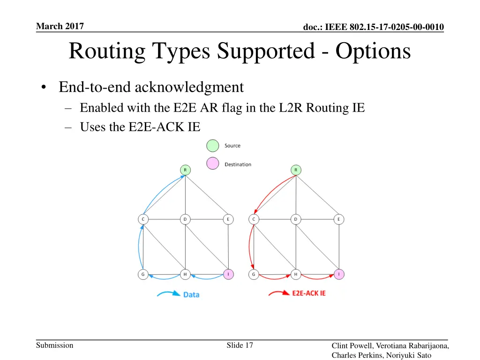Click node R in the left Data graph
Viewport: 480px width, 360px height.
[x=185, y=169]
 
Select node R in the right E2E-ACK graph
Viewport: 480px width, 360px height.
[x=296, y=169]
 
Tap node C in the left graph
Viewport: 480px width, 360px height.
[x=143, y=219]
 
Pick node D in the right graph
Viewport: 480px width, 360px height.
[x=296, y=219]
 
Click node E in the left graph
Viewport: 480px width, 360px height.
[x=228, y=219]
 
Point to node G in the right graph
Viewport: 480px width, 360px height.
[x=254, y=274]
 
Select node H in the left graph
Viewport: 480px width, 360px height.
[x=185, y=274]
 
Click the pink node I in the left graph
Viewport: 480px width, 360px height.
[x=228, y=274]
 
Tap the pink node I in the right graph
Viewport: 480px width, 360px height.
[x=338, y=274]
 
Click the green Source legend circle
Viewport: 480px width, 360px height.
[x=213, y=146]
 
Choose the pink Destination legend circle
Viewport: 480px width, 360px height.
[x=213, y=164]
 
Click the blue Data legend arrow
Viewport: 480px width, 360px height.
[x=168, y=294]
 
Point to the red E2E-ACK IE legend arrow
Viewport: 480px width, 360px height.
[x=279, y=293]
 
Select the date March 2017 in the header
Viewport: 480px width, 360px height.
[x=60, y=27]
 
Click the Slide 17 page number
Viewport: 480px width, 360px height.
[x=240, y=345]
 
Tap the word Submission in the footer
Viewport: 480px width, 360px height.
[x=55, y=345]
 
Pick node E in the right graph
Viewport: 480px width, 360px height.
[x=338, y=219]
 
